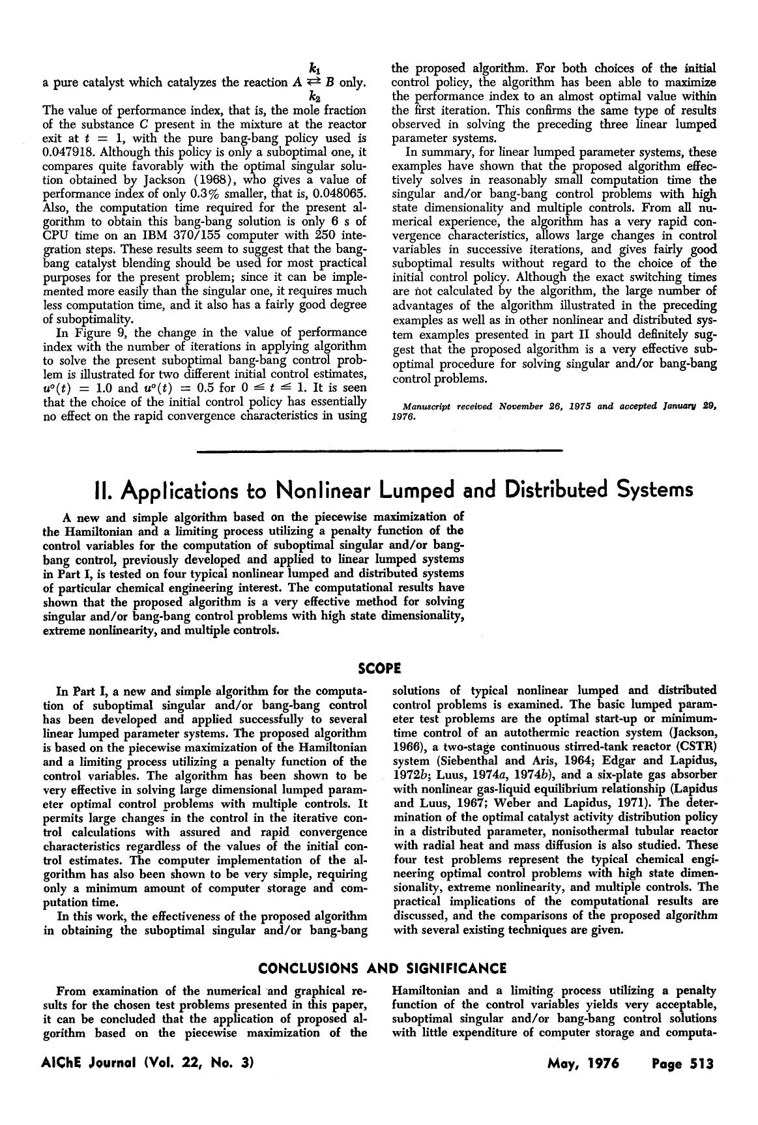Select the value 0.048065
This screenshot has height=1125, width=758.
pyautogui.click(x=338, y=194)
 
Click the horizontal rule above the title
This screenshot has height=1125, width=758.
pyautogui.click(x=379, y=450)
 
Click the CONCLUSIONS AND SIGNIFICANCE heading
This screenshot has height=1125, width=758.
pyautogui.click(x=382, y=968)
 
